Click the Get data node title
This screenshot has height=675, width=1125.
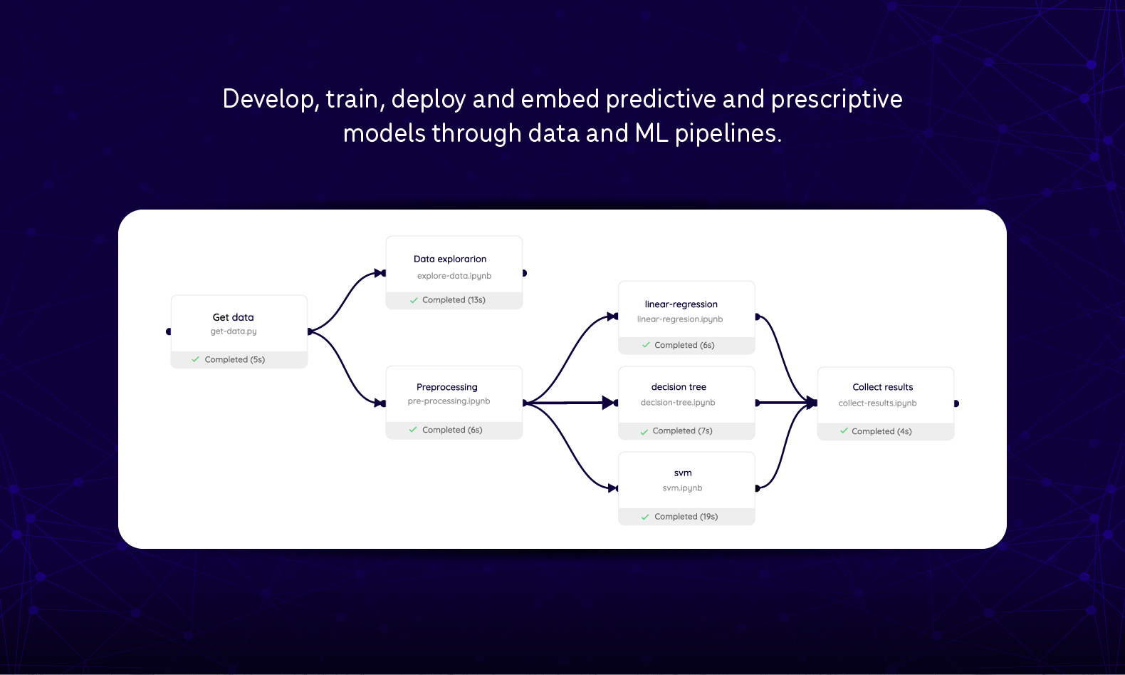[233, 317]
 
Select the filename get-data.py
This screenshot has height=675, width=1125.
[234, 331]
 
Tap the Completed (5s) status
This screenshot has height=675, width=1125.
[234, 360]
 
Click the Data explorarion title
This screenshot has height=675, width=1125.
[450, 259]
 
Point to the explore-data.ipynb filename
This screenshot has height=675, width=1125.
[454, 276]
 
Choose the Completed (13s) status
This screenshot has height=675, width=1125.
[454, 300]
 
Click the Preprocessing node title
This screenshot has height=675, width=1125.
[447, 387]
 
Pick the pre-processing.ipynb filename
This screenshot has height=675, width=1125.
[449, 401]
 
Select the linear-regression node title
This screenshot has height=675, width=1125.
[681, 304]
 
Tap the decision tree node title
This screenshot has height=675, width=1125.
[679, 387]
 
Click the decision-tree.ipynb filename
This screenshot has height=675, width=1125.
[678, 403]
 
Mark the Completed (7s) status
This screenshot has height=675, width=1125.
[682, 431]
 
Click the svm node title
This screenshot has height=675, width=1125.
[683, 473]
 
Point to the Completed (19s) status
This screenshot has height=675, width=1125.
[686, 517]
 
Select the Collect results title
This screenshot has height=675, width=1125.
[883, 387]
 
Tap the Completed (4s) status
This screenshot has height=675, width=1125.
[881, 431]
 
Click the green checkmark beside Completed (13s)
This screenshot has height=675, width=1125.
[414, 300]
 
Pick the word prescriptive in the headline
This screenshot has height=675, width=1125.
[837, 99]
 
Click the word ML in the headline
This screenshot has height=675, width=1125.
[652, 133]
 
